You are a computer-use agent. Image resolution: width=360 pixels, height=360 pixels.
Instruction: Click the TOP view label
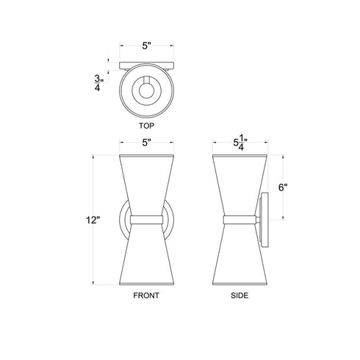coord(147,126)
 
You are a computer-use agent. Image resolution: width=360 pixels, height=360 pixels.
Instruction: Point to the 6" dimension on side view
coord(282,187)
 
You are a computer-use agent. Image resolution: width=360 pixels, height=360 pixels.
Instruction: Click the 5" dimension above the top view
coord(147,46)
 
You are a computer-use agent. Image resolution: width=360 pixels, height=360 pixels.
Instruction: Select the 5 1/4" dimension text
coord(239,143)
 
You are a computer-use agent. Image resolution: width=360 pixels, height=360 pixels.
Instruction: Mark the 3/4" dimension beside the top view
coord(98,82)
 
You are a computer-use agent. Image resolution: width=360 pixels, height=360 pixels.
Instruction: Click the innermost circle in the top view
coord(147,90)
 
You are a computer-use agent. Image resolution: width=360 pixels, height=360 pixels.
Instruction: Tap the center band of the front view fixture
coord(147,219)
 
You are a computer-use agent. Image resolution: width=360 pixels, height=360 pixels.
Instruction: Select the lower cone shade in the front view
coord(147,257)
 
